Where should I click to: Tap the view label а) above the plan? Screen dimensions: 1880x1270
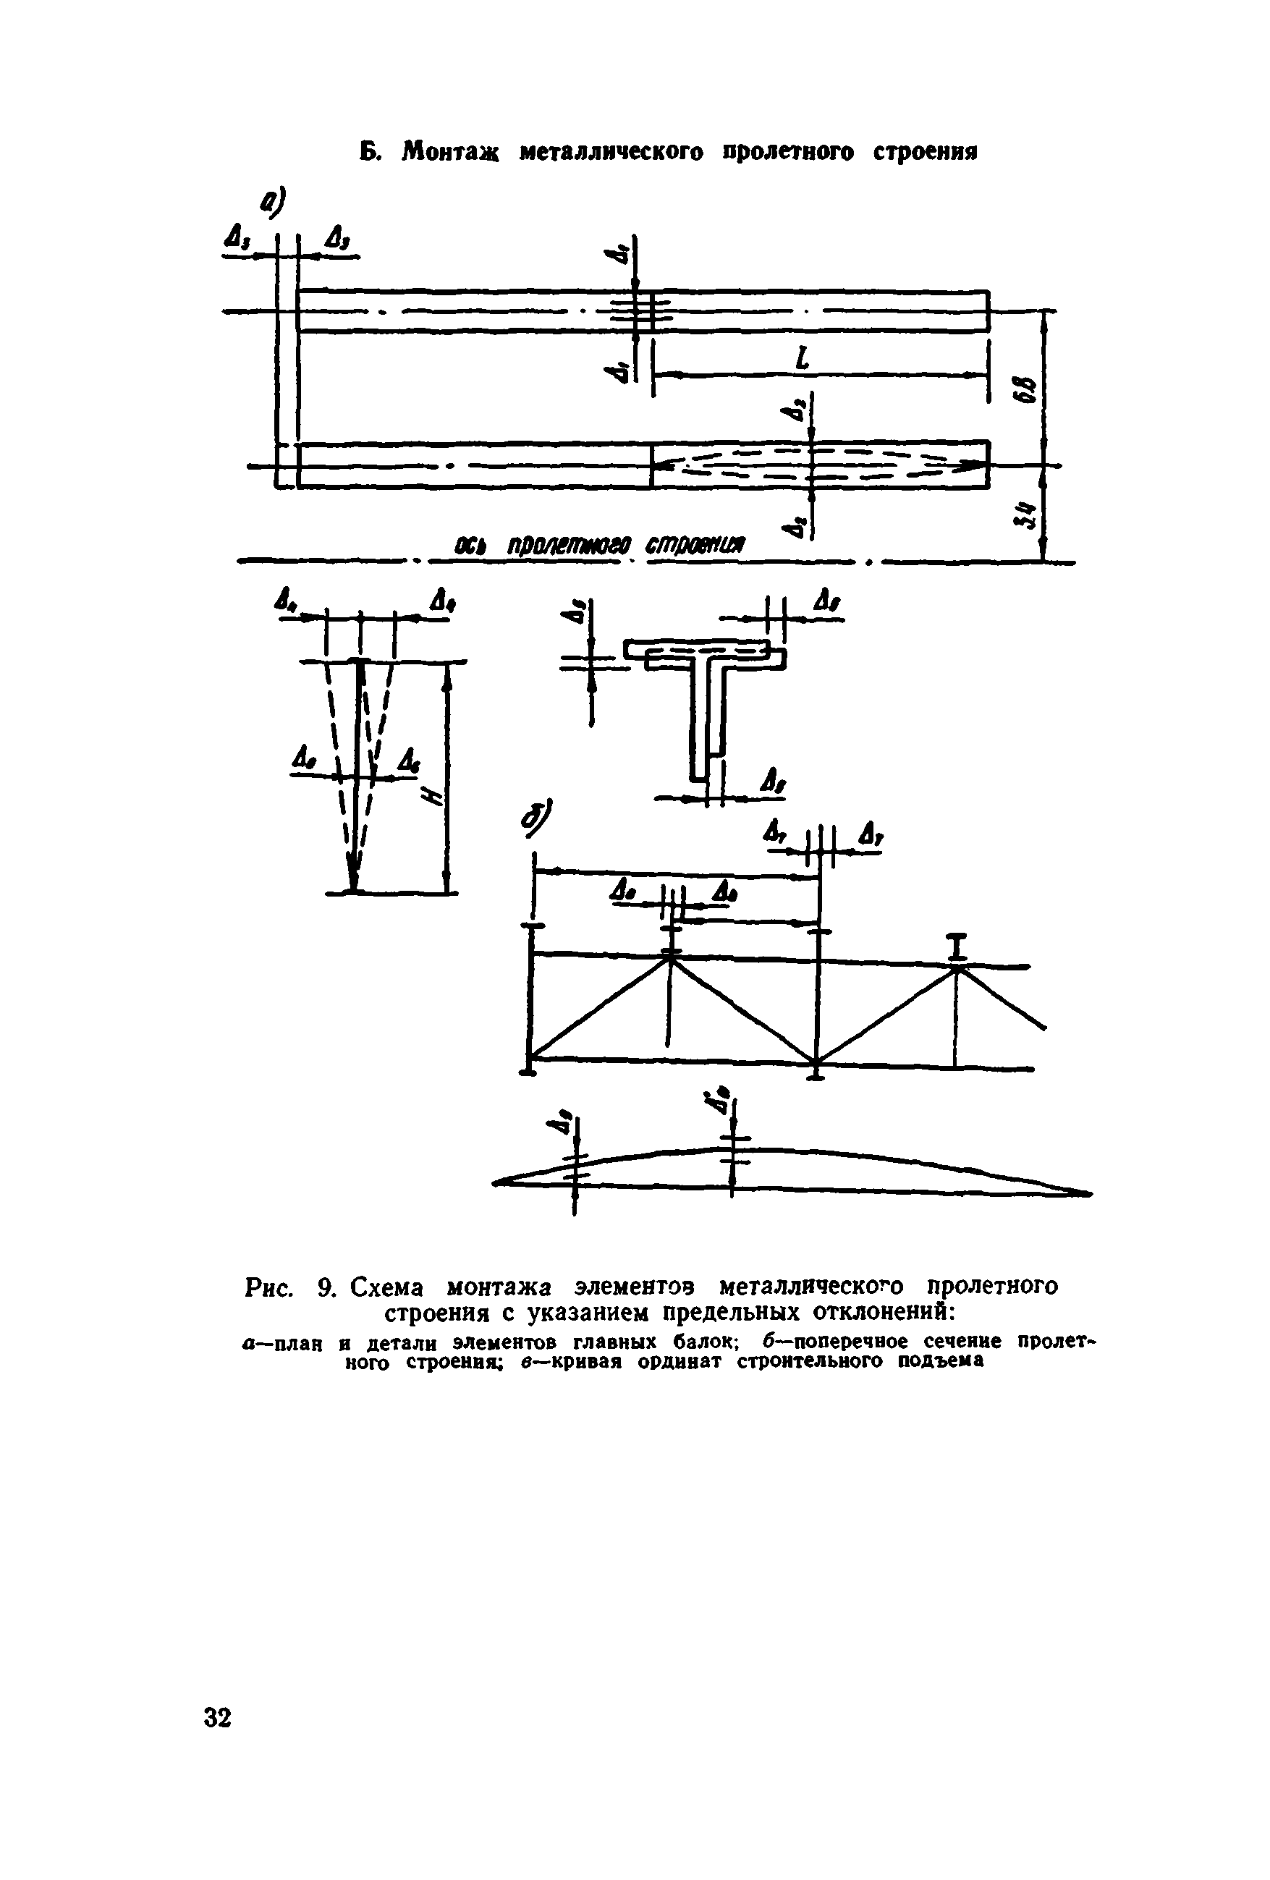click(x=275, y=202)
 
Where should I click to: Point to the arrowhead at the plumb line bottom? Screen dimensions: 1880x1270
click(x=352, y=878)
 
